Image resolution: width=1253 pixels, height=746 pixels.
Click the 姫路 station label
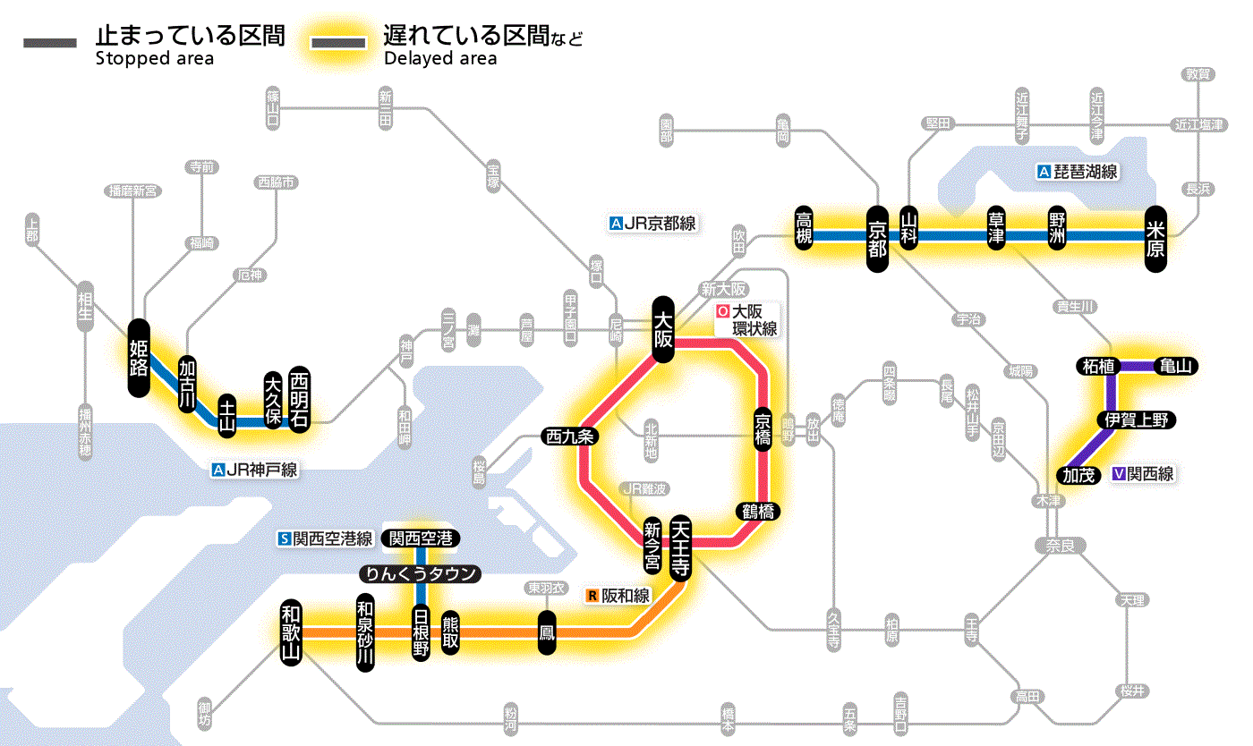139,358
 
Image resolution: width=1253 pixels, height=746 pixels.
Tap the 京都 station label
877,237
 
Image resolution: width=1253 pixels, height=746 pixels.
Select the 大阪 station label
663,329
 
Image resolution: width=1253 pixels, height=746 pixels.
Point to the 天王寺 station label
680,548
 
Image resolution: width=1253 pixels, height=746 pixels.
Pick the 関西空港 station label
421,538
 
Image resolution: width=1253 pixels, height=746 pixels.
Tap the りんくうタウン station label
421,574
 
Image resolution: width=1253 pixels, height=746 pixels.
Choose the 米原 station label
1155,238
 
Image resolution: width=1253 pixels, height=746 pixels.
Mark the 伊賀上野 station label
1136,420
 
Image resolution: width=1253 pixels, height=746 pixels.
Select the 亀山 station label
1177,366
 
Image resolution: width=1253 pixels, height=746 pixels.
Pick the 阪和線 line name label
626,595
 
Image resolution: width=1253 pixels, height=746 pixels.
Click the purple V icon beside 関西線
1118,474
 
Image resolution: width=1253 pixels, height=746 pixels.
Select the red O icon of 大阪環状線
723,312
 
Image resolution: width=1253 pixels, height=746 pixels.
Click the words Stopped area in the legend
155,59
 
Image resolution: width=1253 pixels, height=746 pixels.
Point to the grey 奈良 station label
1059,545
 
